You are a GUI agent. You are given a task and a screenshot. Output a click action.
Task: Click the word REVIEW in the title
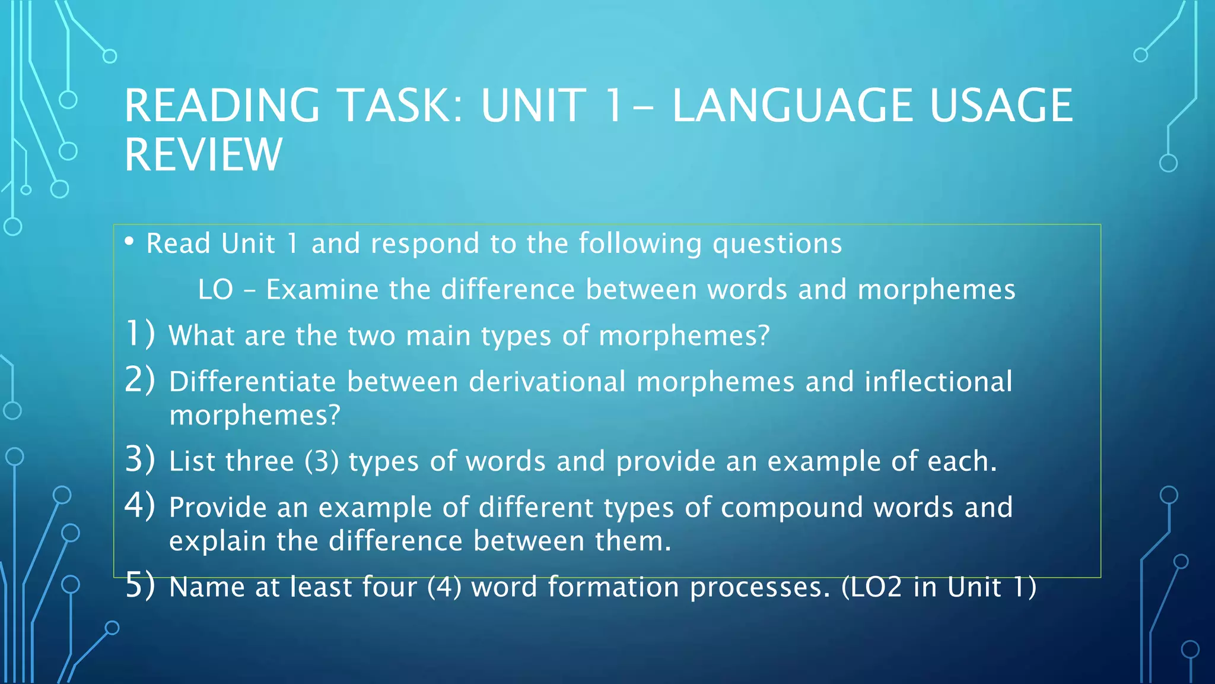203,154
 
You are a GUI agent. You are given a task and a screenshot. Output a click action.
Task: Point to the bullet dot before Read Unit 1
129,241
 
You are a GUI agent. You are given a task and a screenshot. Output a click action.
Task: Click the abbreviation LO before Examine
215,290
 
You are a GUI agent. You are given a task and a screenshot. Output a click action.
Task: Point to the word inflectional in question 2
938,381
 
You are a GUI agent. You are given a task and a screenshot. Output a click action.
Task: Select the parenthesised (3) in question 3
322,461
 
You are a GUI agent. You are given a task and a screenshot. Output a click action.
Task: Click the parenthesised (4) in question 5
444,587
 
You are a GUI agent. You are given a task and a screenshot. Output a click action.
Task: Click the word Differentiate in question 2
253,381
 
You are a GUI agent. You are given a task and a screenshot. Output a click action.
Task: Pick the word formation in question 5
613,587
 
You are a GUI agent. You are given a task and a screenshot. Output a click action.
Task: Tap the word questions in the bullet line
777,244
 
